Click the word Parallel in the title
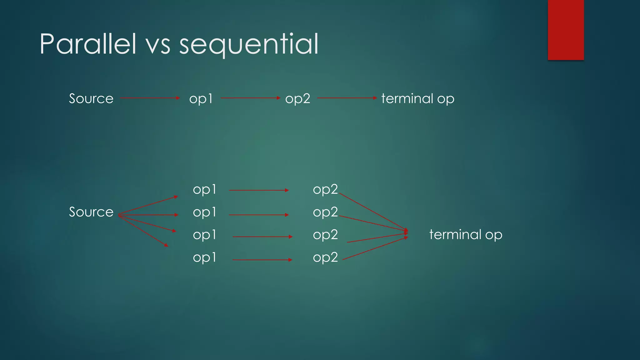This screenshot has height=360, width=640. pyautogui.click(x=88, y=44)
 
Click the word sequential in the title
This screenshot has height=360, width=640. pyautogui.click(x=249, y=44)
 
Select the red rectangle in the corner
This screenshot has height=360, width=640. pyautogui.click(x=566, y=30)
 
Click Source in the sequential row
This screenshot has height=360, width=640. pyautogui.click(x=91, y=99)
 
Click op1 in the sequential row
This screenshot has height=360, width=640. pyautogui.click(x=201, y=99)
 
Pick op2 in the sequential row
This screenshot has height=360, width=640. pyautogui.click(x=297, y=99)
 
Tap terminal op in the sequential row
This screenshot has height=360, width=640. pyautogui.click(x=417, y=99)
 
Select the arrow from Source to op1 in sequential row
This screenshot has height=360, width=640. pyautogui.click(x=150, y=98)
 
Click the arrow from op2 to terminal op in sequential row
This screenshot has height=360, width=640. pyautogui.click(x=347, y=98)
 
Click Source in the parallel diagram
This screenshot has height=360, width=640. pyautogui.click(x=91, y=212)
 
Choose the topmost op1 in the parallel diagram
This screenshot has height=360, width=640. pyautogui.click(x=204, y=190)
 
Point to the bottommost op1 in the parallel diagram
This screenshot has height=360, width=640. pyautogui.click(x=204, y=258)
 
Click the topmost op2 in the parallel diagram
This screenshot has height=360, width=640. pyautogui.click(x=325, y=190)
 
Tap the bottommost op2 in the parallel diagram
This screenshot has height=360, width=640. pyautogui.click(x=325, y=258)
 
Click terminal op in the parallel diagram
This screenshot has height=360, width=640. pyautogui.click(x=466, y=235)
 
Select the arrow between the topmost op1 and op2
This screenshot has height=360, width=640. pyautogui.click(x=259, y=190)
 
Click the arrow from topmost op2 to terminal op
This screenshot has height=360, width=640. pyautogui.click(x=373, y=212)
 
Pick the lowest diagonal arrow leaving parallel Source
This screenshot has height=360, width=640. pyautogui.click(x=143, y=231)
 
